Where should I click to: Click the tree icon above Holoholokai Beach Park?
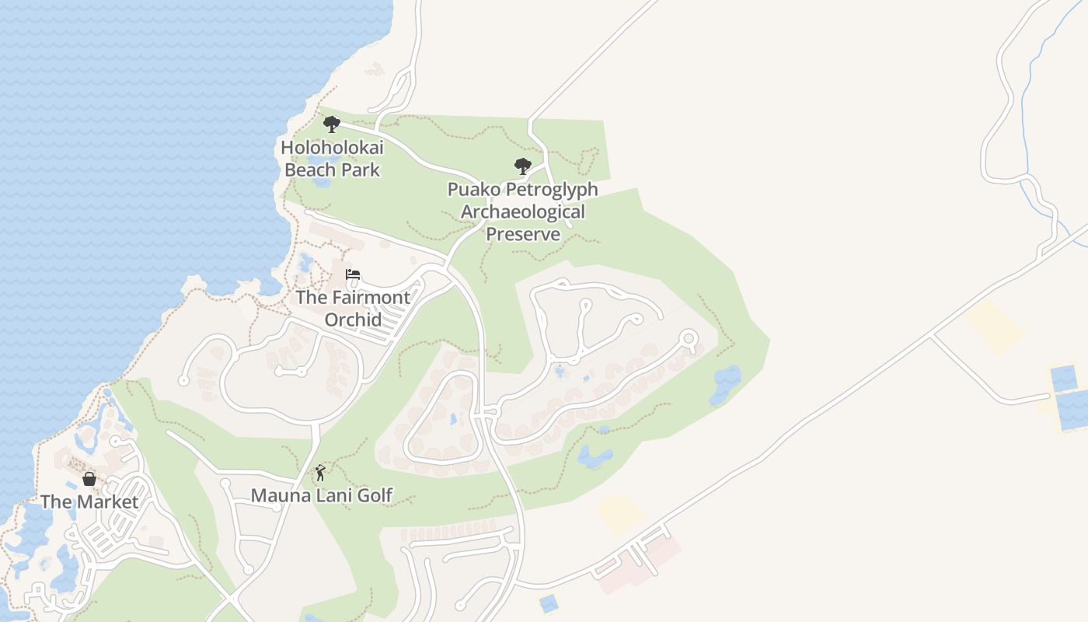click(x=332, y=124)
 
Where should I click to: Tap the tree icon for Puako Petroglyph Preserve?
click(x=522, y=166)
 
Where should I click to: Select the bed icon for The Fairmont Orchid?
click(x=353, y=275)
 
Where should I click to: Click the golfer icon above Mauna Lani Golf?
click(x=320, y=473)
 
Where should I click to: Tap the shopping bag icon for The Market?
click(x=89, y=479)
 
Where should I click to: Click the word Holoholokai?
click(x=332, y=147)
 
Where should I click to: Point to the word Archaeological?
click(x=522, y=212)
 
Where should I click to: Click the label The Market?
click(x=89, y=502)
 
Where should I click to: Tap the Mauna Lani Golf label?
click(x=321, y=495)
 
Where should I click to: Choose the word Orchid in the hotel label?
click(x=353, y=320)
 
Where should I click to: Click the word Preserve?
click(x=522, y=234)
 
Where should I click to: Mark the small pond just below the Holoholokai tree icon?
click(x=320, y=183)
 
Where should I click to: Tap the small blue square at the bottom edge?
click(x=549, y=603)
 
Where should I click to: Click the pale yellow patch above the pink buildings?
click(x=621, y=514)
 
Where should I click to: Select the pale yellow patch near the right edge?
click(x=996, y=327)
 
